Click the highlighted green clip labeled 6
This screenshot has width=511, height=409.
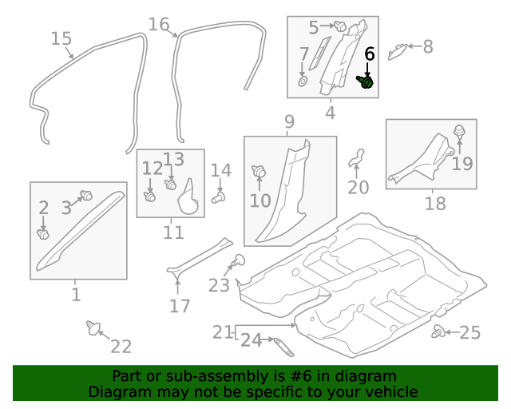pos(366,81)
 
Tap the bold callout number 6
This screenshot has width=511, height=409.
pos(369,54)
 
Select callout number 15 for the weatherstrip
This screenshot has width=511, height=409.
pos(61,38)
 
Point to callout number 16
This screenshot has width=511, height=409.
pos(159,24)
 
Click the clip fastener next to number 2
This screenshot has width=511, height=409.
pos(44,234)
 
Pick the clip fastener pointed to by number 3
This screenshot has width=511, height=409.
pos(87,195)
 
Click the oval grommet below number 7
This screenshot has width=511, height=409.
pos(303,81)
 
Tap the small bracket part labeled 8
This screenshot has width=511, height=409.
pos(397,52)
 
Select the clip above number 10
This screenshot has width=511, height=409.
pos(259,170)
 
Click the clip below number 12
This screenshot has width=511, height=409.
pos(150,195)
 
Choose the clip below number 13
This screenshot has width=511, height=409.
pos(170,185)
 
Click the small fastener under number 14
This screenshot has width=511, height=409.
pos(219,197)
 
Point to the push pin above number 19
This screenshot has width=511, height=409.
pos(460,132)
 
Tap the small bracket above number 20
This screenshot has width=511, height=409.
pos(357,157)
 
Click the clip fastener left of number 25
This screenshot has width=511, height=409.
pos(438,332)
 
